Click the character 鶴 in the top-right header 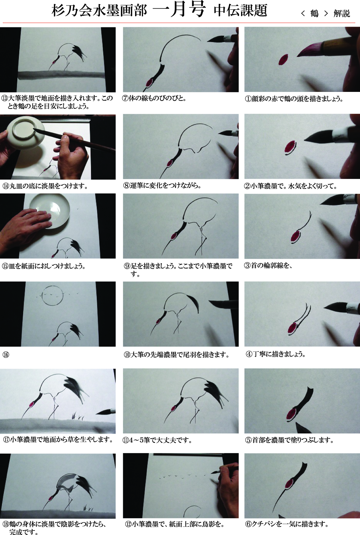coord(314,13)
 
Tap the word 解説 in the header coord(342,13)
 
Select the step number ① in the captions coord(248,99)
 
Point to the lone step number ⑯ coord(6,355)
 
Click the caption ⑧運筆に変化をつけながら coord(162,186)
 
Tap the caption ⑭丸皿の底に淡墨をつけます coord(45,186)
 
